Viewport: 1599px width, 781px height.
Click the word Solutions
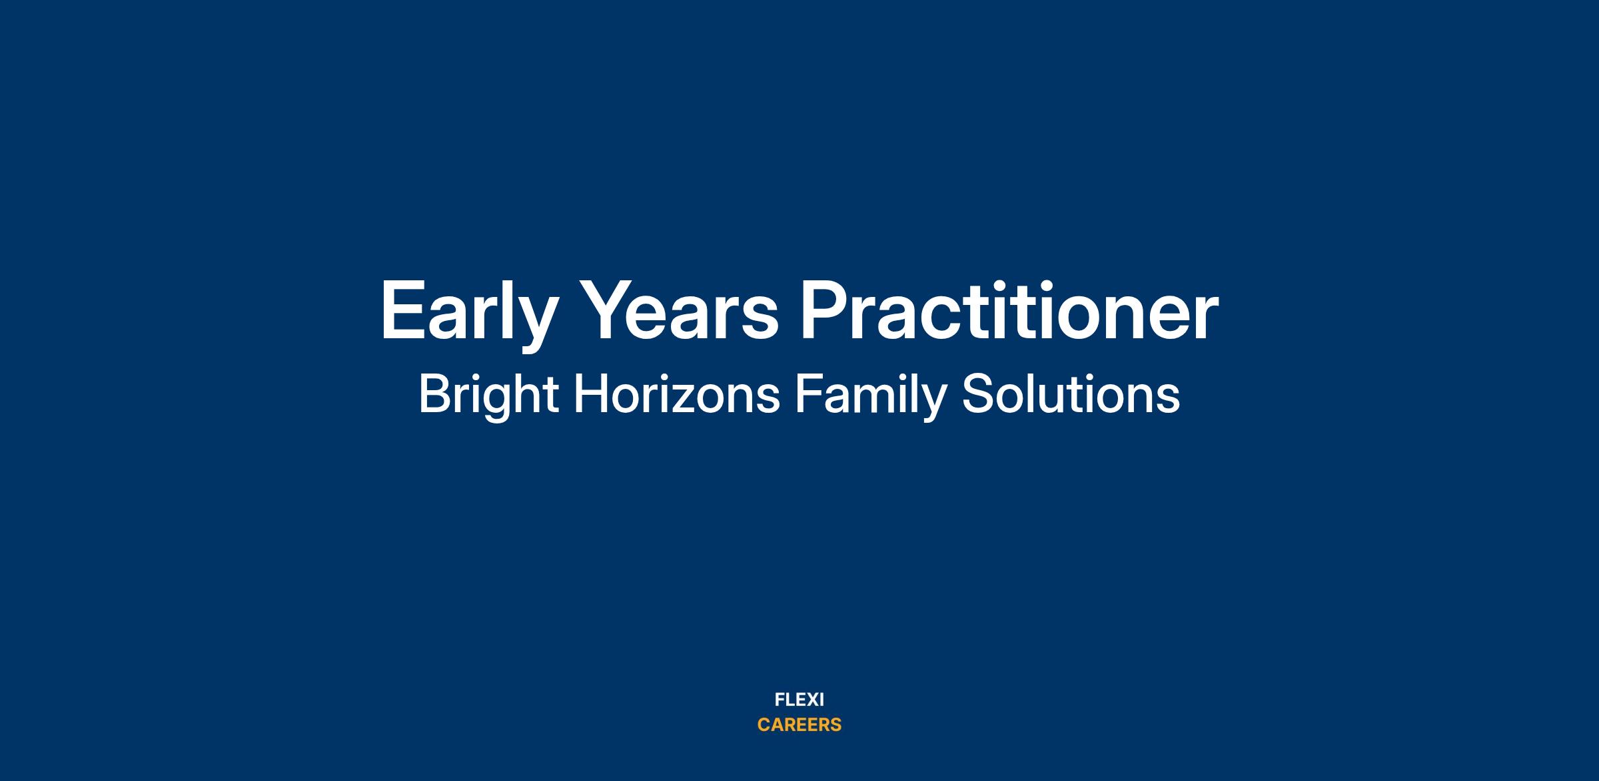point(1071,394)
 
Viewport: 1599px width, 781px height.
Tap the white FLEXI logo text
point(799,700)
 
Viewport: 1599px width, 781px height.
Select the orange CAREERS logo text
point(799,724)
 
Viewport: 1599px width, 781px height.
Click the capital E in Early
point(402,310)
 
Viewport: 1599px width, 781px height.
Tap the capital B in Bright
point(435,394)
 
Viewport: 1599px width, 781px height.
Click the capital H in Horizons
point(590,394)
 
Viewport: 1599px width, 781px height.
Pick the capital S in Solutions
point(977,394)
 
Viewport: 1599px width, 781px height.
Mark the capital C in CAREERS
point(764,724)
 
